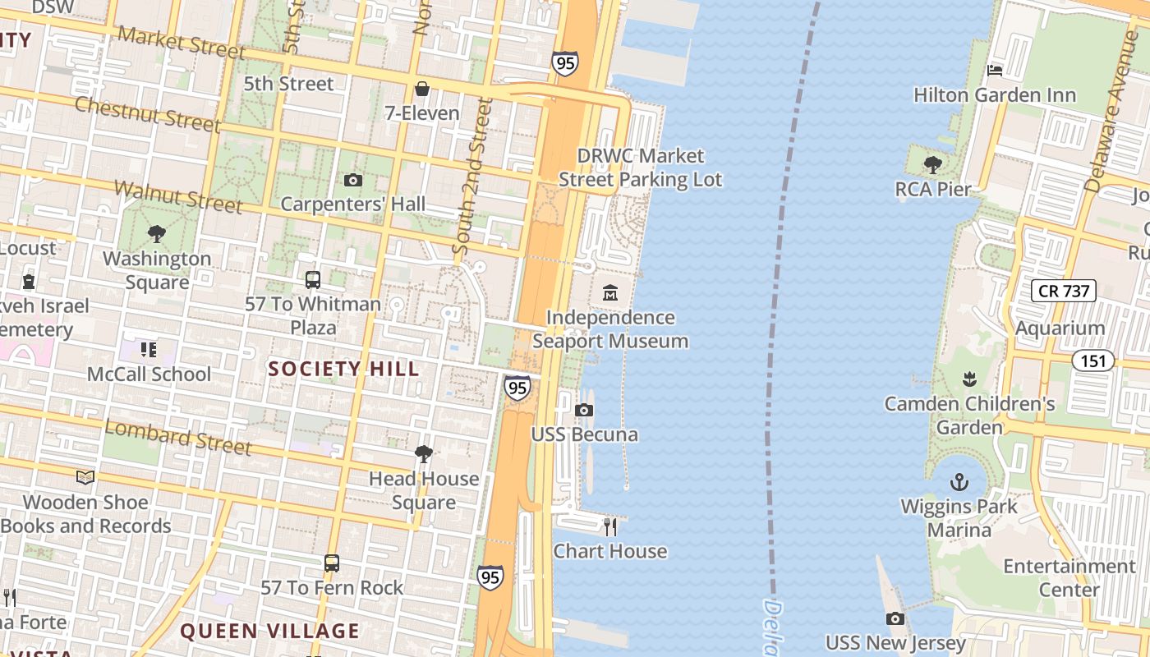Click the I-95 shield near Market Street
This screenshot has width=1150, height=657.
[x=564, y=63]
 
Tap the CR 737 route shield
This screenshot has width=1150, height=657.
[x=1064, y=290]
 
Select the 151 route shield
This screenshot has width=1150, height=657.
[x=1092, y=360]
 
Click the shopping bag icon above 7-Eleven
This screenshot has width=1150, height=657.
[x=422, y=88]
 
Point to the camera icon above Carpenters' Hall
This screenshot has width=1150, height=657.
[x=353, y=180]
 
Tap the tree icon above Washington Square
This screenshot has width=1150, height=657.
[x=156, y=234]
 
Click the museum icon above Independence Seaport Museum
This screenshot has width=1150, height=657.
[x=609, y=292]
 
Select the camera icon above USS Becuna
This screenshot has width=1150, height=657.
[x=584, y=410]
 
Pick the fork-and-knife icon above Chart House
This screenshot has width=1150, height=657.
[x=609, y=526]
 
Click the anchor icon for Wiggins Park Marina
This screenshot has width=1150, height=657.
[x=959, y=481]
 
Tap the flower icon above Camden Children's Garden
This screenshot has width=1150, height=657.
[x=969, y=379]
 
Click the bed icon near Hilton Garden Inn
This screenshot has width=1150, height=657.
[x=995, y=71]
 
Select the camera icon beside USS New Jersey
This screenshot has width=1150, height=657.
[x=895, y=618]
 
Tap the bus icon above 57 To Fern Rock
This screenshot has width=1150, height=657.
[x=332, y=563]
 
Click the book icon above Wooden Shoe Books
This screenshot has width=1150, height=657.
[x=85, y=477]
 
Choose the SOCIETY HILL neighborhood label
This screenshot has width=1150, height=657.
[x=343, y=369]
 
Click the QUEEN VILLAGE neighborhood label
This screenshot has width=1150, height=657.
[x=269, y=631]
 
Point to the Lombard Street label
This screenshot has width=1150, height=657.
[x=177, y=437]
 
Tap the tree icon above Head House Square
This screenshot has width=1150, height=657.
[x=423, y=453]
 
